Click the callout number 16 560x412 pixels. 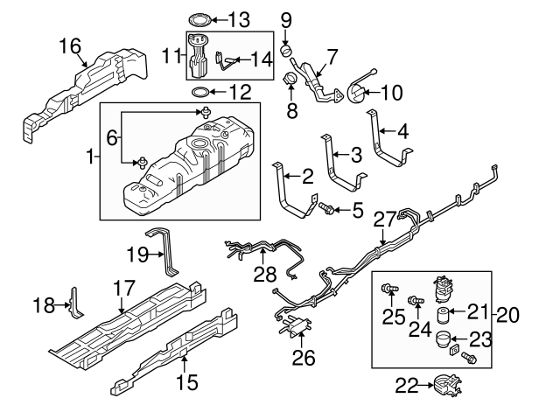pyautogui.click(x=70, y=45)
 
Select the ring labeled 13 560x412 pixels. pyautogui.click(x=199, y=18)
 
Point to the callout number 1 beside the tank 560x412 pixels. pyautogui.click(x=89, y=157)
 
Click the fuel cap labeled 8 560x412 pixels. pyautogui.click(x=289, y=81)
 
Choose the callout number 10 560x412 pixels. pyautogui.click(x=390, y=91)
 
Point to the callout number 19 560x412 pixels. pyautogui.click(x=136, y=256)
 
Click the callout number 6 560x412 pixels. pyautogui.click(x=112, y=137)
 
